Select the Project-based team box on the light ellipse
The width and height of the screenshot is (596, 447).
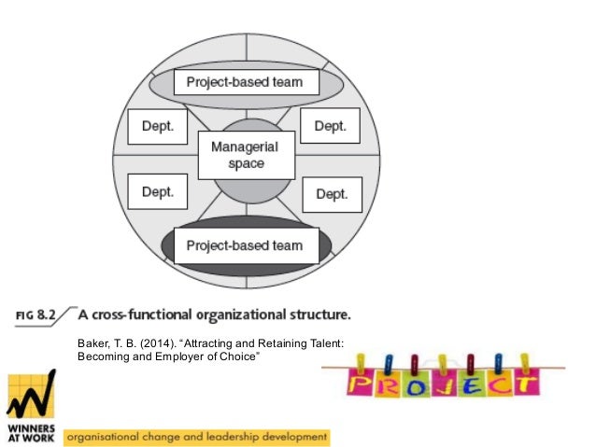tap(244, 82)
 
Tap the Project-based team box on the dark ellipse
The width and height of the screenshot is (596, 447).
tap(244, 245)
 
